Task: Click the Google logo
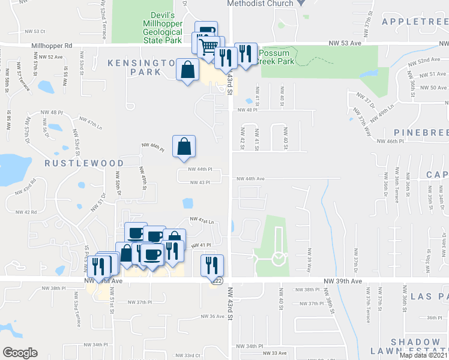[20, 352]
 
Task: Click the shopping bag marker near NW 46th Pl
[184, 146]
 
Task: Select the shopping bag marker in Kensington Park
[188, 70]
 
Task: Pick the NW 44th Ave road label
[250, 179]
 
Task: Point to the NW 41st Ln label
[202, 221]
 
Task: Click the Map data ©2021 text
[423, 355]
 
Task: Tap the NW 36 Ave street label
[212, 316]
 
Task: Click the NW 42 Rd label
[26, 212]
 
